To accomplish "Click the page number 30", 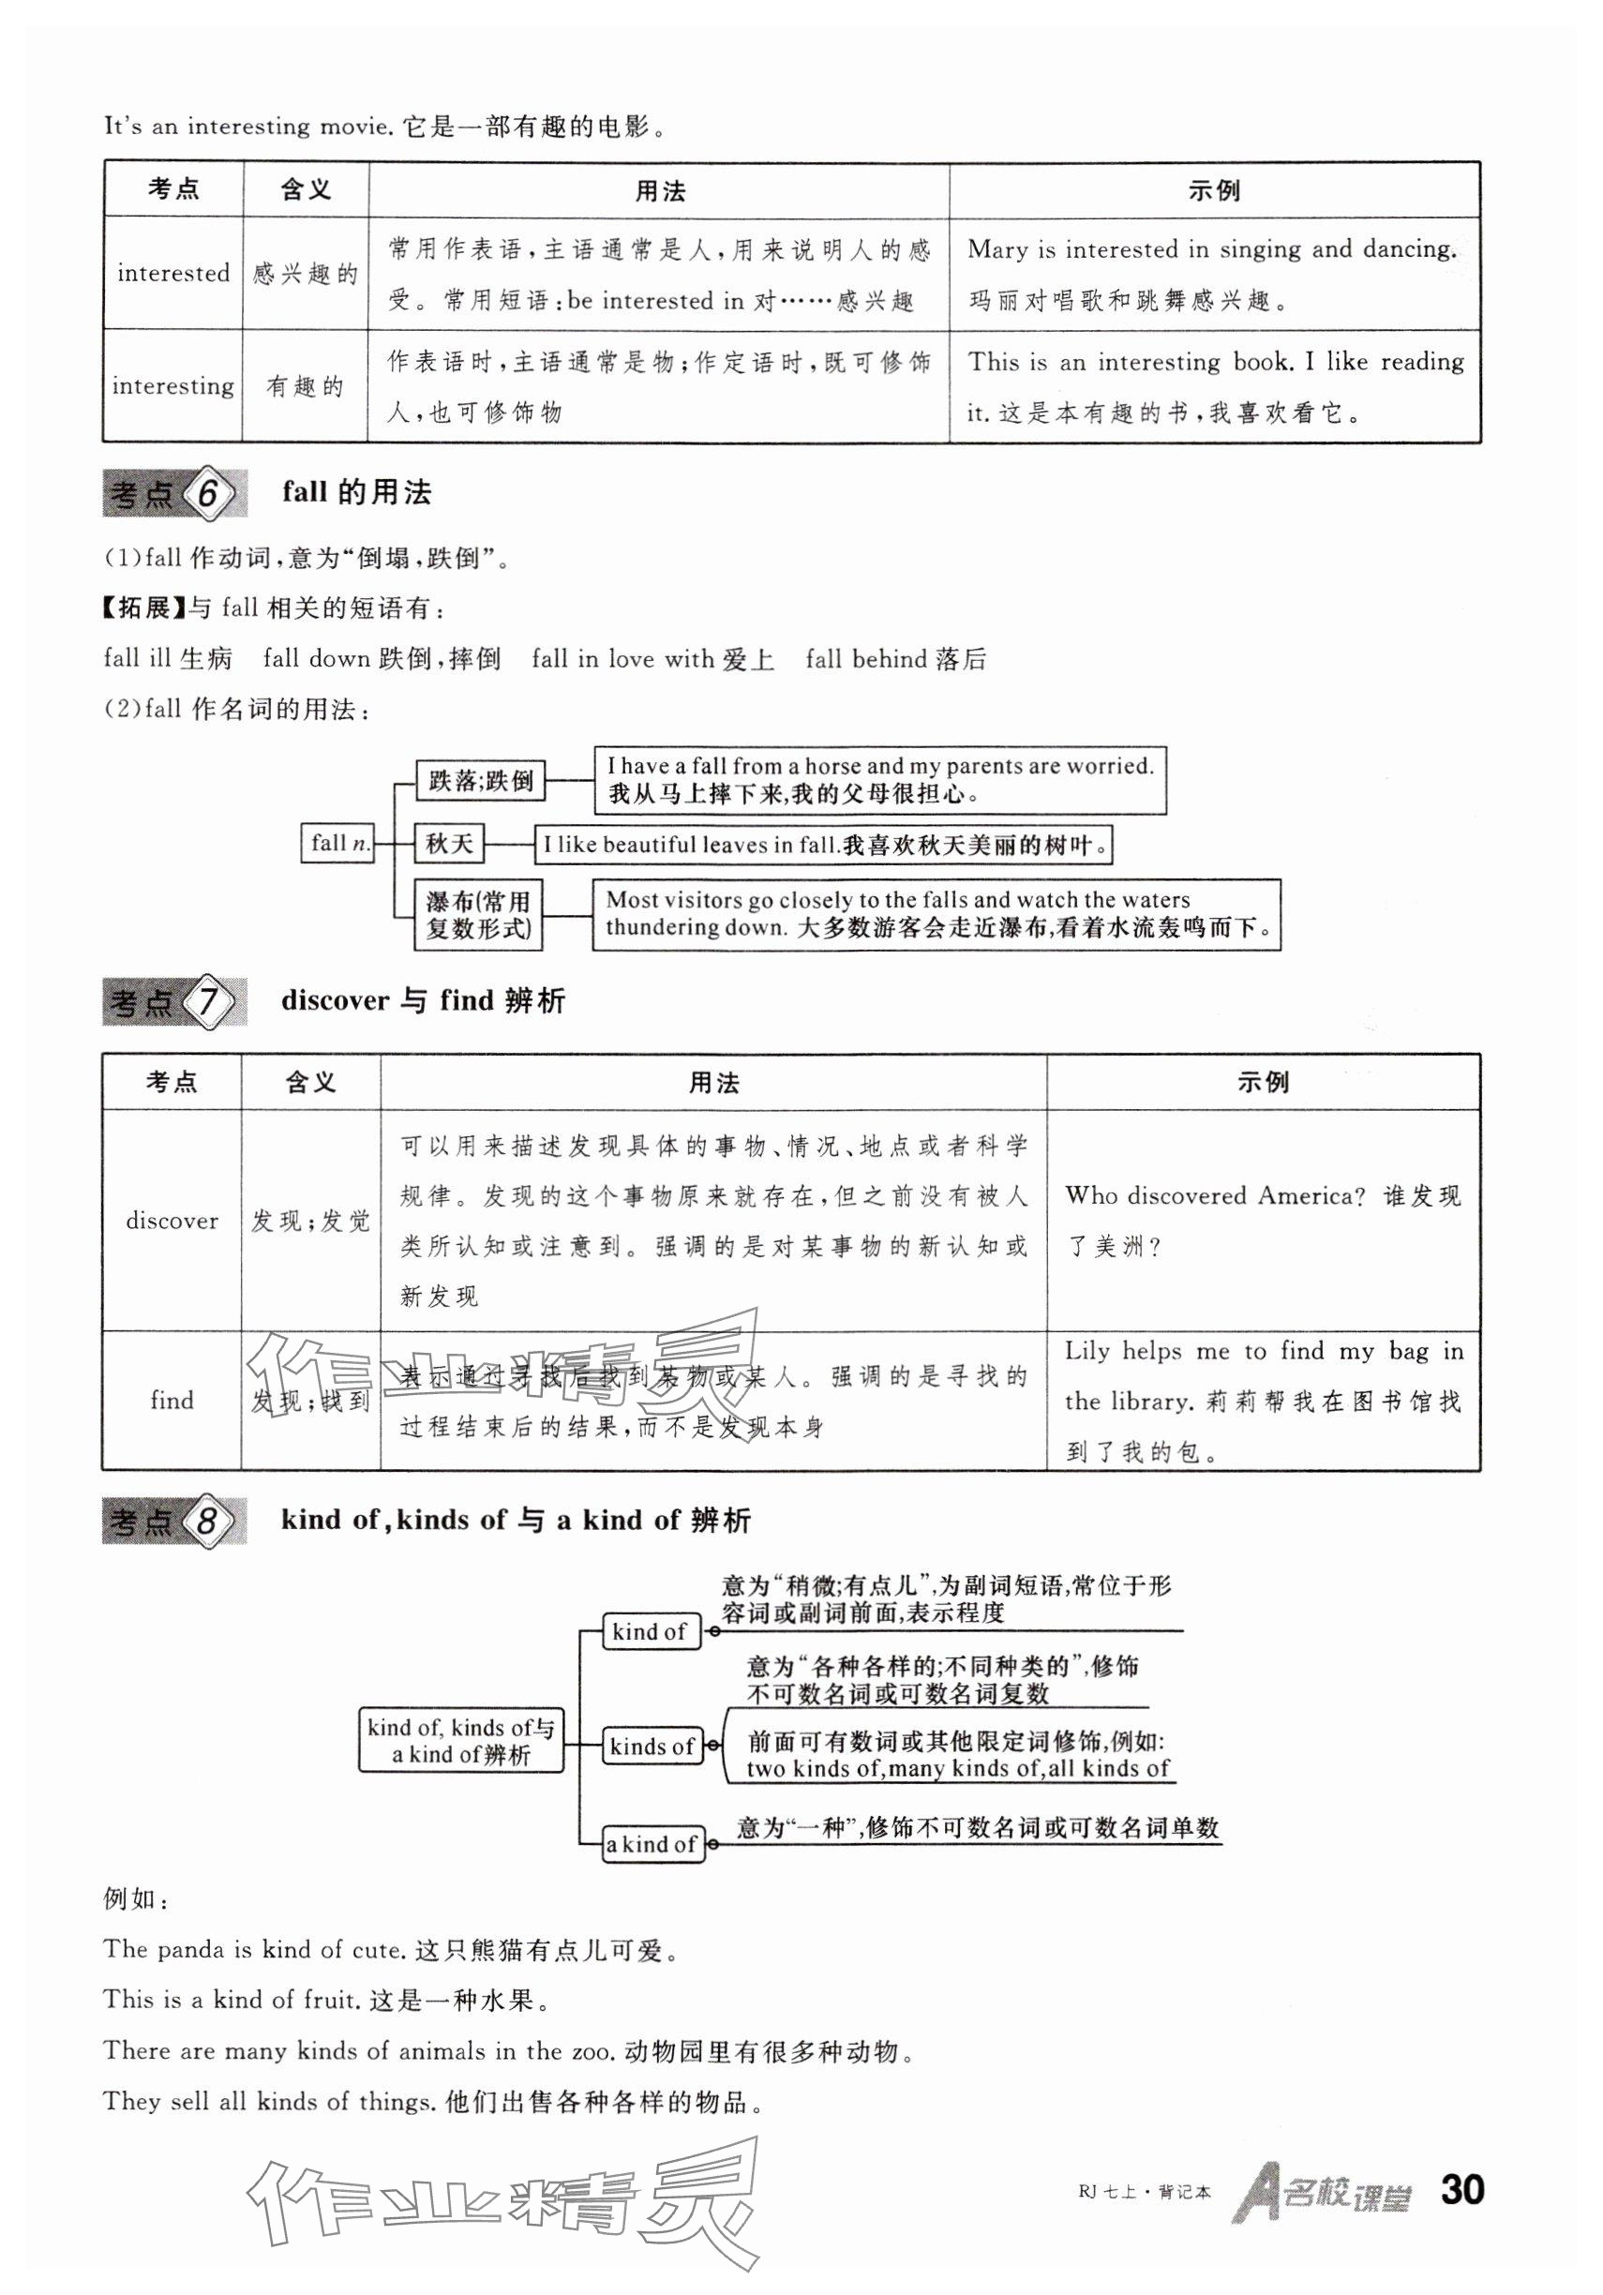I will (1461, 2190).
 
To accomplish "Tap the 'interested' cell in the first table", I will (172, 273).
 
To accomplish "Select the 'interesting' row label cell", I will (172, 386).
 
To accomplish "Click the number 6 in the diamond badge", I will (208, 493).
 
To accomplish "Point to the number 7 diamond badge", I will (208, 1000).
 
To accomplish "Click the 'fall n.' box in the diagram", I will (337, 843).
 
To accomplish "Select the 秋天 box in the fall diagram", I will (450, 844).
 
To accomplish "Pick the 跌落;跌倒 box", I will (481, 780).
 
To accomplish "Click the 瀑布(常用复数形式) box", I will (479, 914).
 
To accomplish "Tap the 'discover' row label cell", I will (172, 1221).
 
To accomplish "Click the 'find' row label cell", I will (172, 1401).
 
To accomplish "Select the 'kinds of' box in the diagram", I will (652, 1747).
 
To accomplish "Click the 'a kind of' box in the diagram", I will (652, 1844).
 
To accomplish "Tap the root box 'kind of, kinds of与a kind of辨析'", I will (460, 1740).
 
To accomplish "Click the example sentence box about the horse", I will (879, 780).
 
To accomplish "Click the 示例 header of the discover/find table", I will (1264, 1082).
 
